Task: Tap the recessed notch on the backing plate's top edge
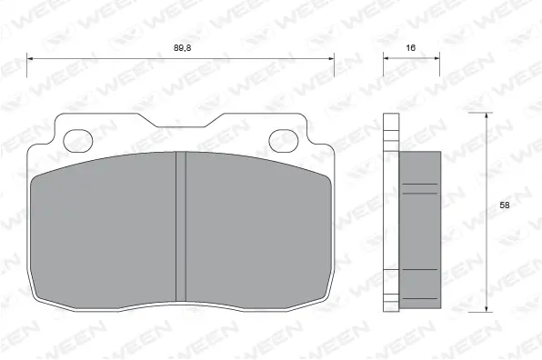[x=181, y=123]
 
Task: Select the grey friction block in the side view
[x=419, y=232]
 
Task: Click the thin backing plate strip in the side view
[x=391, y=214]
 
